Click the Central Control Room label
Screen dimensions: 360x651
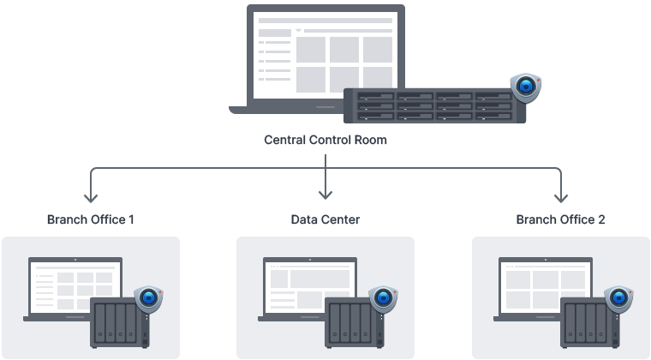coord(325,140)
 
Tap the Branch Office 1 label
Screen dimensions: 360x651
coord(90,219)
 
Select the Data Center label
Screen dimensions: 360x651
coord(325,219)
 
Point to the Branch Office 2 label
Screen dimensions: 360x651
coord(560,219)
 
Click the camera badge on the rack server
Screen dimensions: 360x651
coord(524,87)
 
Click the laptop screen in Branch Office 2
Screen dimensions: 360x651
coord(541,287)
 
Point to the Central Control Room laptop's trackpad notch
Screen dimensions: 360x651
coord(325,108)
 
